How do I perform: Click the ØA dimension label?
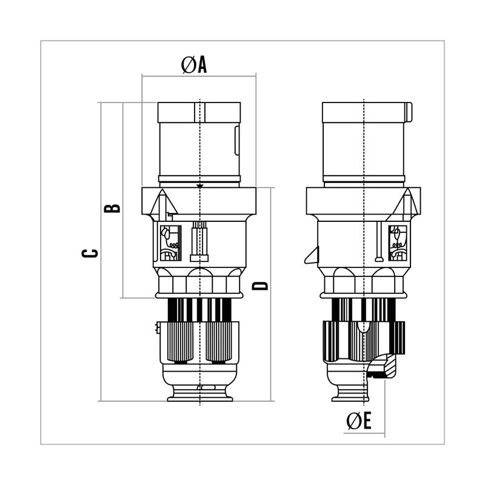click(194, 65)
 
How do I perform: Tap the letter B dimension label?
click(112, 208)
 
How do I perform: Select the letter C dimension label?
click(90, 253)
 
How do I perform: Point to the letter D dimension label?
click(260, 286)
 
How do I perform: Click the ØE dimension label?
click(359, 421)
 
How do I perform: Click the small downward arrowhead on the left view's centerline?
click(200, 186)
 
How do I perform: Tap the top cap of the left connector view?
click(199, 112)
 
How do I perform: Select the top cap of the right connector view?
click(364, 112)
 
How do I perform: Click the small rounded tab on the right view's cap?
click(409, 112)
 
